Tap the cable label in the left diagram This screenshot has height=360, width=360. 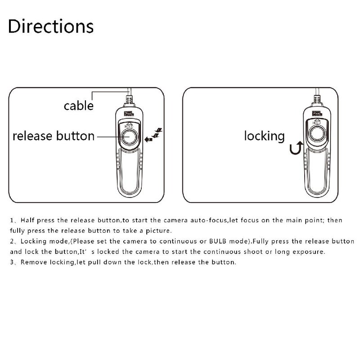click(78, 106)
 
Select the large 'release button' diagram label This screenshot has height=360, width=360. click(54, 136)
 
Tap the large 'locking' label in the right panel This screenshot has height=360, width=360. click(264, 136)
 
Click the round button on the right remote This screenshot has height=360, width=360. click(318, 134)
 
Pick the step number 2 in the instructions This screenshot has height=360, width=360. click(11, 242)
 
